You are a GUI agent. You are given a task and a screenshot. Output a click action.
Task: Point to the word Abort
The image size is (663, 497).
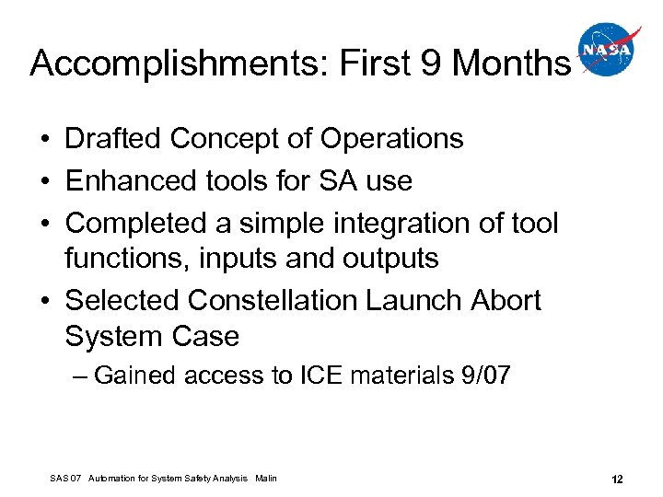506,301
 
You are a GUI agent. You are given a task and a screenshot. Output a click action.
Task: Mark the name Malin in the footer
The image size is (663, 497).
265,479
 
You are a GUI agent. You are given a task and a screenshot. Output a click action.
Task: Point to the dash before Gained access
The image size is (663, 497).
80,376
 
